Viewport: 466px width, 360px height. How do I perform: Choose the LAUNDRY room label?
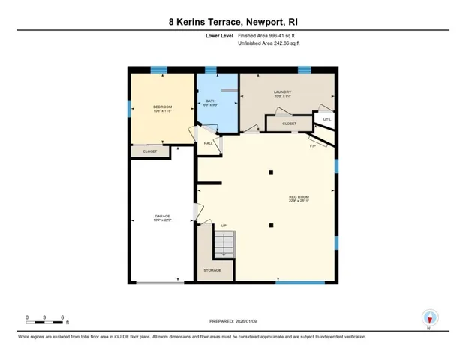point(282,93)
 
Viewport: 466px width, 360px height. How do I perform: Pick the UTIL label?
point(326,118)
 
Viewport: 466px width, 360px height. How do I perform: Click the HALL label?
point(208,142)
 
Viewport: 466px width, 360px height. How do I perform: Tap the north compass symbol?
point(429,317)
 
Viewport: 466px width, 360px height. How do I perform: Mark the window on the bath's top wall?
point(211,70)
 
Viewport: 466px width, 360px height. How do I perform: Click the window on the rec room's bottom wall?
point(299,282)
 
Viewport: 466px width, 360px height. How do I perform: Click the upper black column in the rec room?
point(269,173)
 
